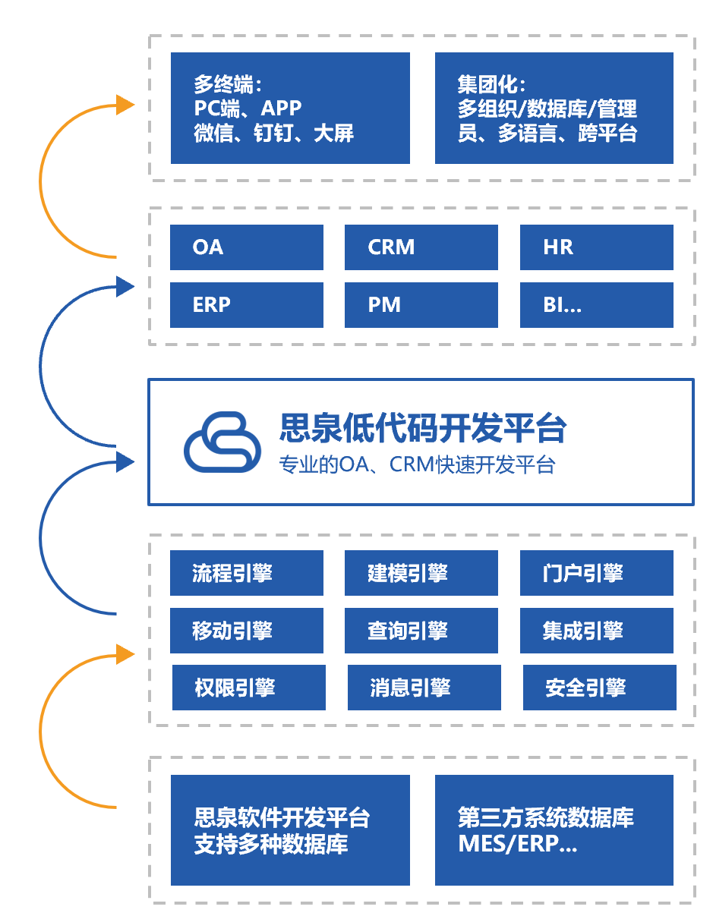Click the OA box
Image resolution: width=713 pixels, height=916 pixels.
tap(246, 247)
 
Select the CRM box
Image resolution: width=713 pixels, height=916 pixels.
tap(421, 247)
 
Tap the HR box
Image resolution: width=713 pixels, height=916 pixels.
tap(596, 247)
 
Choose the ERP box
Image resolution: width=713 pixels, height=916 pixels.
tap(246, 305)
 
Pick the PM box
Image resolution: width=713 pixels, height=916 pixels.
tap(421, 305)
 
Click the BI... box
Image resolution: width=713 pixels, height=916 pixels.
tap(596, 305)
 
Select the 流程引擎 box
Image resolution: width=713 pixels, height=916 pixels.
tap(246, 573)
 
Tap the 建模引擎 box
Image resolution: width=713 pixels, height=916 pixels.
tap(421, 573)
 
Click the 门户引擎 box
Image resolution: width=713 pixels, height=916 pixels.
tap(596, 573)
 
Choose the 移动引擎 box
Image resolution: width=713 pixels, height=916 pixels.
tap(246, 631)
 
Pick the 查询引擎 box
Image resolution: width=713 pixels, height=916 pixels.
tap(421, 631)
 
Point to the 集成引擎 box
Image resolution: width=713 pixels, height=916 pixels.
tap(596, 631)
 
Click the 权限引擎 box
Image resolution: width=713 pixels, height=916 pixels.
tap(248, 688)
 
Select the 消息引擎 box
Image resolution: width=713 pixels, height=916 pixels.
tap(424, 688)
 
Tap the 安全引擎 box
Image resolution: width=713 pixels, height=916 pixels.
tap(599, 688)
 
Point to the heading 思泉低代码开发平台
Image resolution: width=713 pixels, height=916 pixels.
tap(423, 428)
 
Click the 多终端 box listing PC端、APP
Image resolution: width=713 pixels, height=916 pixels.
tap(290, 108)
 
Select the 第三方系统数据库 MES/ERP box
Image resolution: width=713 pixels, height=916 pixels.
tap(554, 829)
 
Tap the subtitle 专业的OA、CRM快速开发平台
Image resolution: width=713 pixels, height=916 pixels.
tap(417, 464)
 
